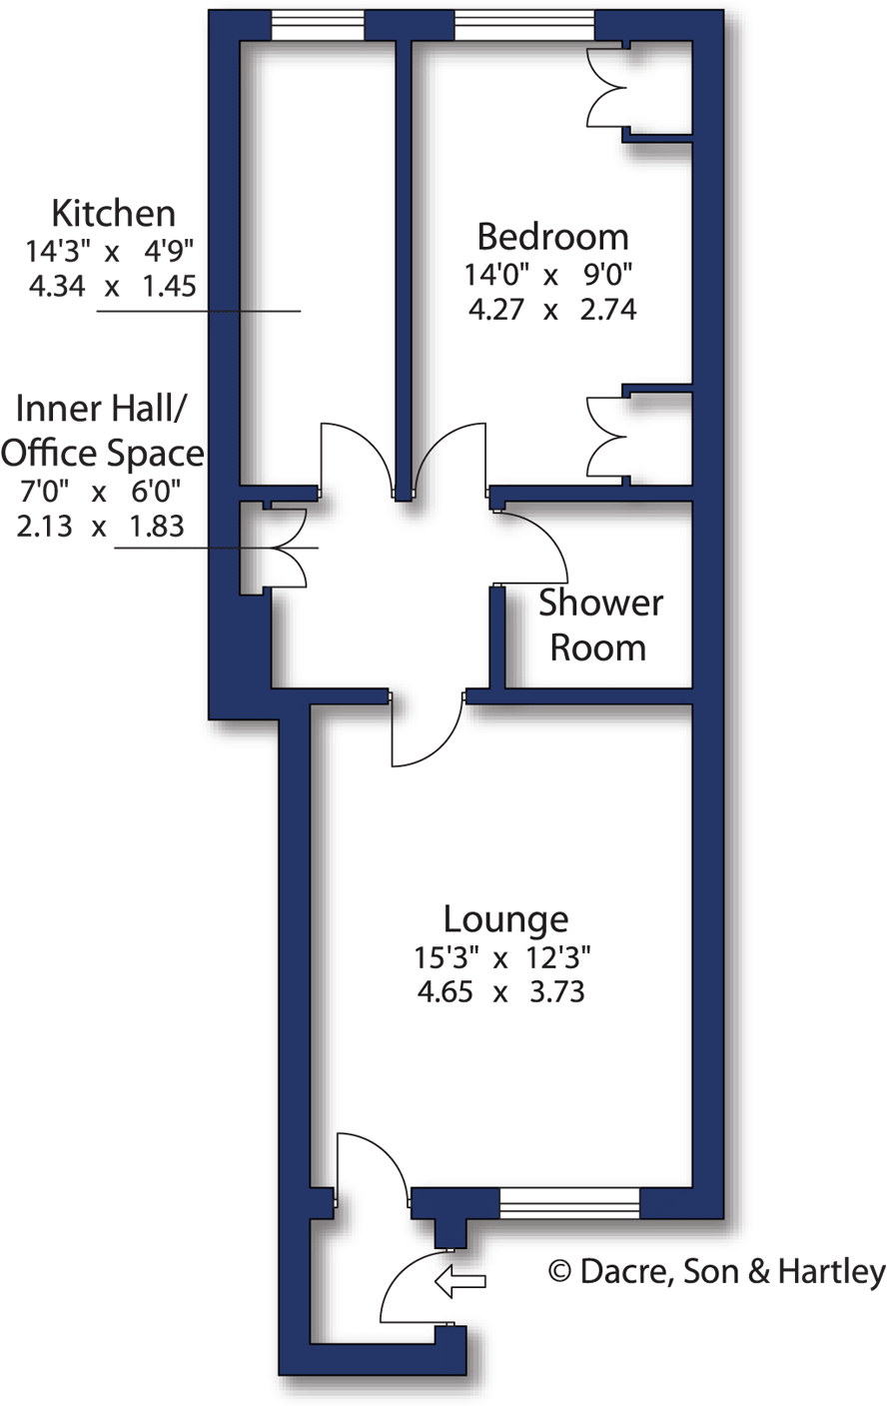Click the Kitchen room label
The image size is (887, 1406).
pyautogui.click(x=113, y=214)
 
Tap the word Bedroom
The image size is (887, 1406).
pyautogui.click(x=552, y=238)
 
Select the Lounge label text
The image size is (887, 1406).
pyautogui.click(x=505, y=918)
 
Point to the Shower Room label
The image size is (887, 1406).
pyautogui.click(x=599, y=626)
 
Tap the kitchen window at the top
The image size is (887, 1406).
pyautogui.click(x=318, y=26)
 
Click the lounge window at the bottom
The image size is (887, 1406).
pyautogui.click(x=569, y=1203)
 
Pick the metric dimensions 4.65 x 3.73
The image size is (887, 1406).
pyautogui.click(x=499, y=993)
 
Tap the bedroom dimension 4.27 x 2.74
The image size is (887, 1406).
pyautogui.click(x=551, y=310)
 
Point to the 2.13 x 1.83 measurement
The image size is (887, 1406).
pyautogui.click(x=100, y=527)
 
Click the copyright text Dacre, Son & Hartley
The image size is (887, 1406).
pyautogui.click(x=717, y=1272)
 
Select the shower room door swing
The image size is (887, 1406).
pyautogui.click(x=534, y=545)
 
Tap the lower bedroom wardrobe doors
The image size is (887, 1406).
pyautogui.click(x=605, y=437)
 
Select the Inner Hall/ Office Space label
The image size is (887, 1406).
pyautogui.click(x=102, y=431)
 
